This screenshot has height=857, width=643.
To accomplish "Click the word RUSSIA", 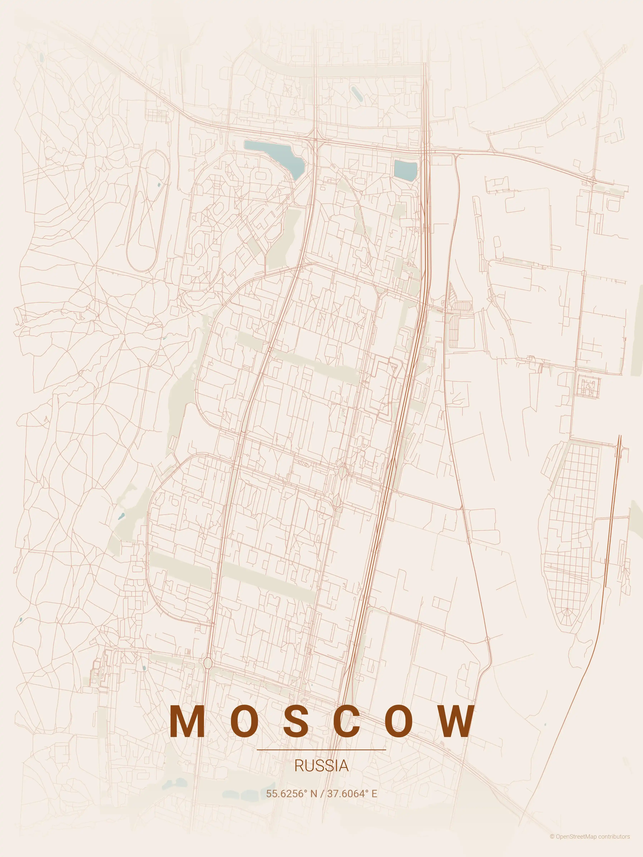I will (321, 766).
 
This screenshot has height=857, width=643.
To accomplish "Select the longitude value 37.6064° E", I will (352, 793).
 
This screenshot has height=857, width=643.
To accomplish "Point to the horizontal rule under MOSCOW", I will (321, 750).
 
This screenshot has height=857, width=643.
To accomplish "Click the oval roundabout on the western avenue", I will (208, 663).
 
